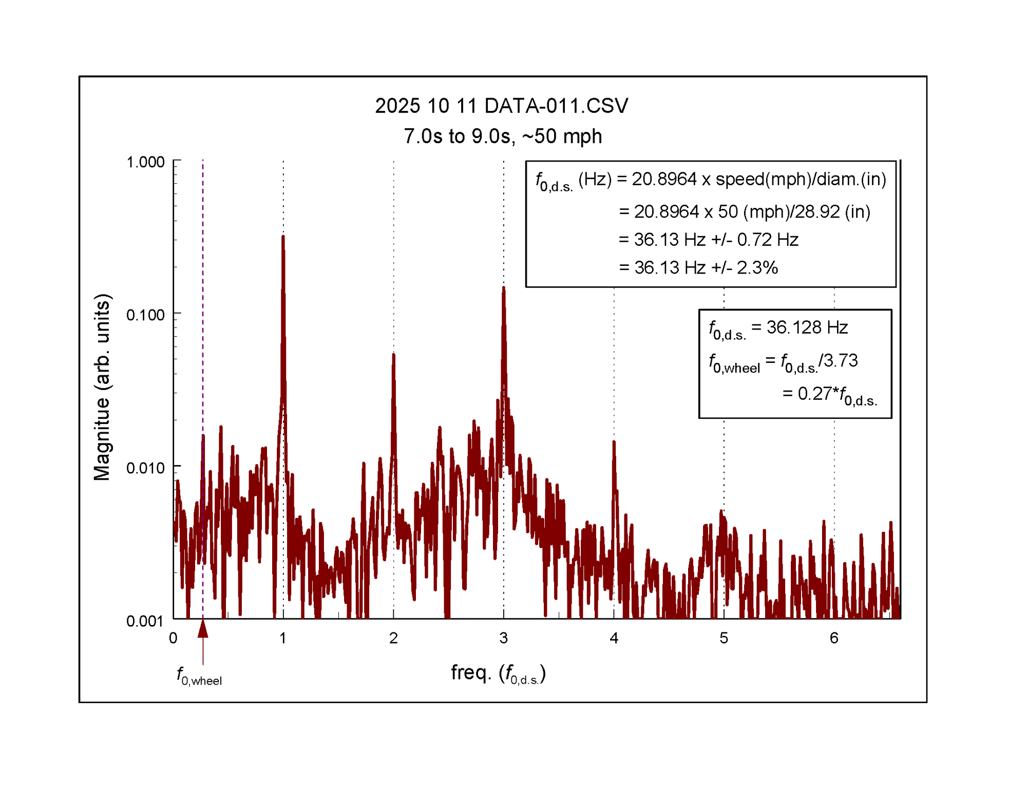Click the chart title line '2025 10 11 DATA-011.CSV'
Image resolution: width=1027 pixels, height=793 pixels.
click(x=501, y=106)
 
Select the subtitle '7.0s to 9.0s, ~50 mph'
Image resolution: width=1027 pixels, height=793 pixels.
click(x=502, y=136)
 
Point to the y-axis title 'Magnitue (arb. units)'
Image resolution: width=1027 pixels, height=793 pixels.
click(x=102, y=387)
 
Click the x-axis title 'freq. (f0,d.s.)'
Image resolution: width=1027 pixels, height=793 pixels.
click(x=498, y=673)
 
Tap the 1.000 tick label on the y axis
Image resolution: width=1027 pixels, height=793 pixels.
click(x=145, y=162)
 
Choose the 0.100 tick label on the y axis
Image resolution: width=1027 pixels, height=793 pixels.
click(x=145, y=315)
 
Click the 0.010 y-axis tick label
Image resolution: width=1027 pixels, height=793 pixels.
click(x=145, y=468)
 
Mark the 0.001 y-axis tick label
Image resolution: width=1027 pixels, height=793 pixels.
click(x=145, y=621)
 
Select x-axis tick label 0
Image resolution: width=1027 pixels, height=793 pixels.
click(x=173, y=638)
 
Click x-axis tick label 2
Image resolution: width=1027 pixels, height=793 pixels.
click(x=393, y=638)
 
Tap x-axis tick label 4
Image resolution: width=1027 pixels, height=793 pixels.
click(x=614, y=638)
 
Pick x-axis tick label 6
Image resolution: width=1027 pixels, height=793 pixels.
click(x=834, y=638)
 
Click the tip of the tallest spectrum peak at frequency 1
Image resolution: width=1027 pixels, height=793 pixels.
click(x=283, y=237)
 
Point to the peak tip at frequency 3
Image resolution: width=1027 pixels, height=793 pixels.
click(x=503, y=287)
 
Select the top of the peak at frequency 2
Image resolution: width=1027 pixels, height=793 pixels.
click(x=393, y=354)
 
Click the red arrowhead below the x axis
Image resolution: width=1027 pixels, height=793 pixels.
click(x=203, y=629)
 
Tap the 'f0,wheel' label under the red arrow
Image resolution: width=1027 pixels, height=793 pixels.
click(x=199, y=676)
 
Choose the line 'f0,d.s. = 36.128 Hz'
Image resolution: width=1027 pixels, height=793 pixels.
click(x=778, y=328)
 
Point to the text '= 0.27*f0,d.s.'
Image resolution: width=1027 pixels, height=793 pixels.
click(x=829, y=395)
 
